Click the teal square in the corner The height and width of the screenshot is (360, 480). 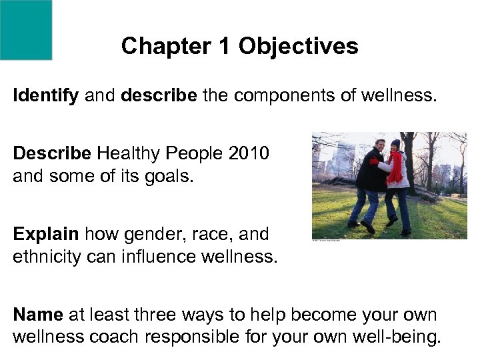[x=25, y=29]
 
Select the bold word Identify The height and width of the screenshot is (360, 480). [x=46, y=96]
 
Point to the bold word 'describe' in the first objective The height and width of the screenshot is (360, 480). [x=159, y=96]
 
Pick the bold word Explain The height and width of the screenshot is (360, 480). [x=45, y=235]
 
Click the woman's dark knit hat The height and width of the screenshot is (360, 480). [x=395, y=143]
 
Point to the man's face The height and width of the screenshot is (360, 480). [x=381, y=145]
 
